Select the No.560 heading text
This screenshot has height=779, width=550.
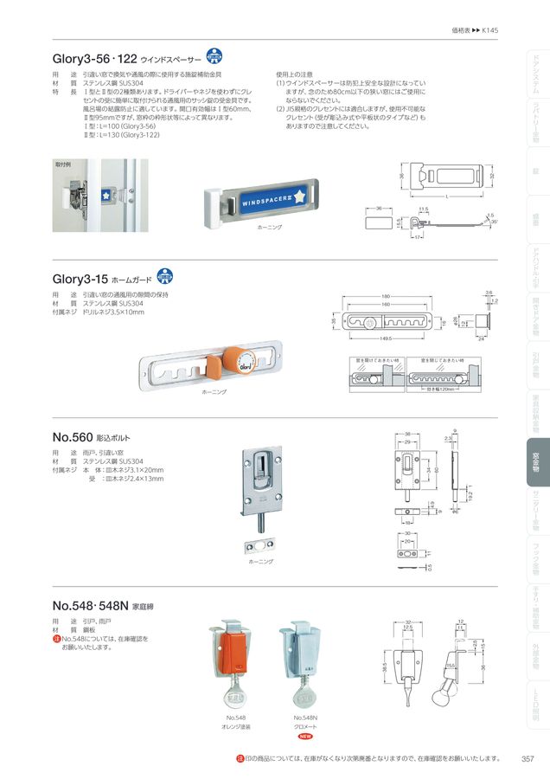pos(72,438)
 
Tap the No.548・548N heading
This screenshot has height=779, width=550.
pos(88,605)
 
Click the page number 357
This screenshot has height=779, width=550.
pos(527,759)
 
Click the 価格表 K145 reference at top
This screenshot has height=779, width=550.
pos(475,29)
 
